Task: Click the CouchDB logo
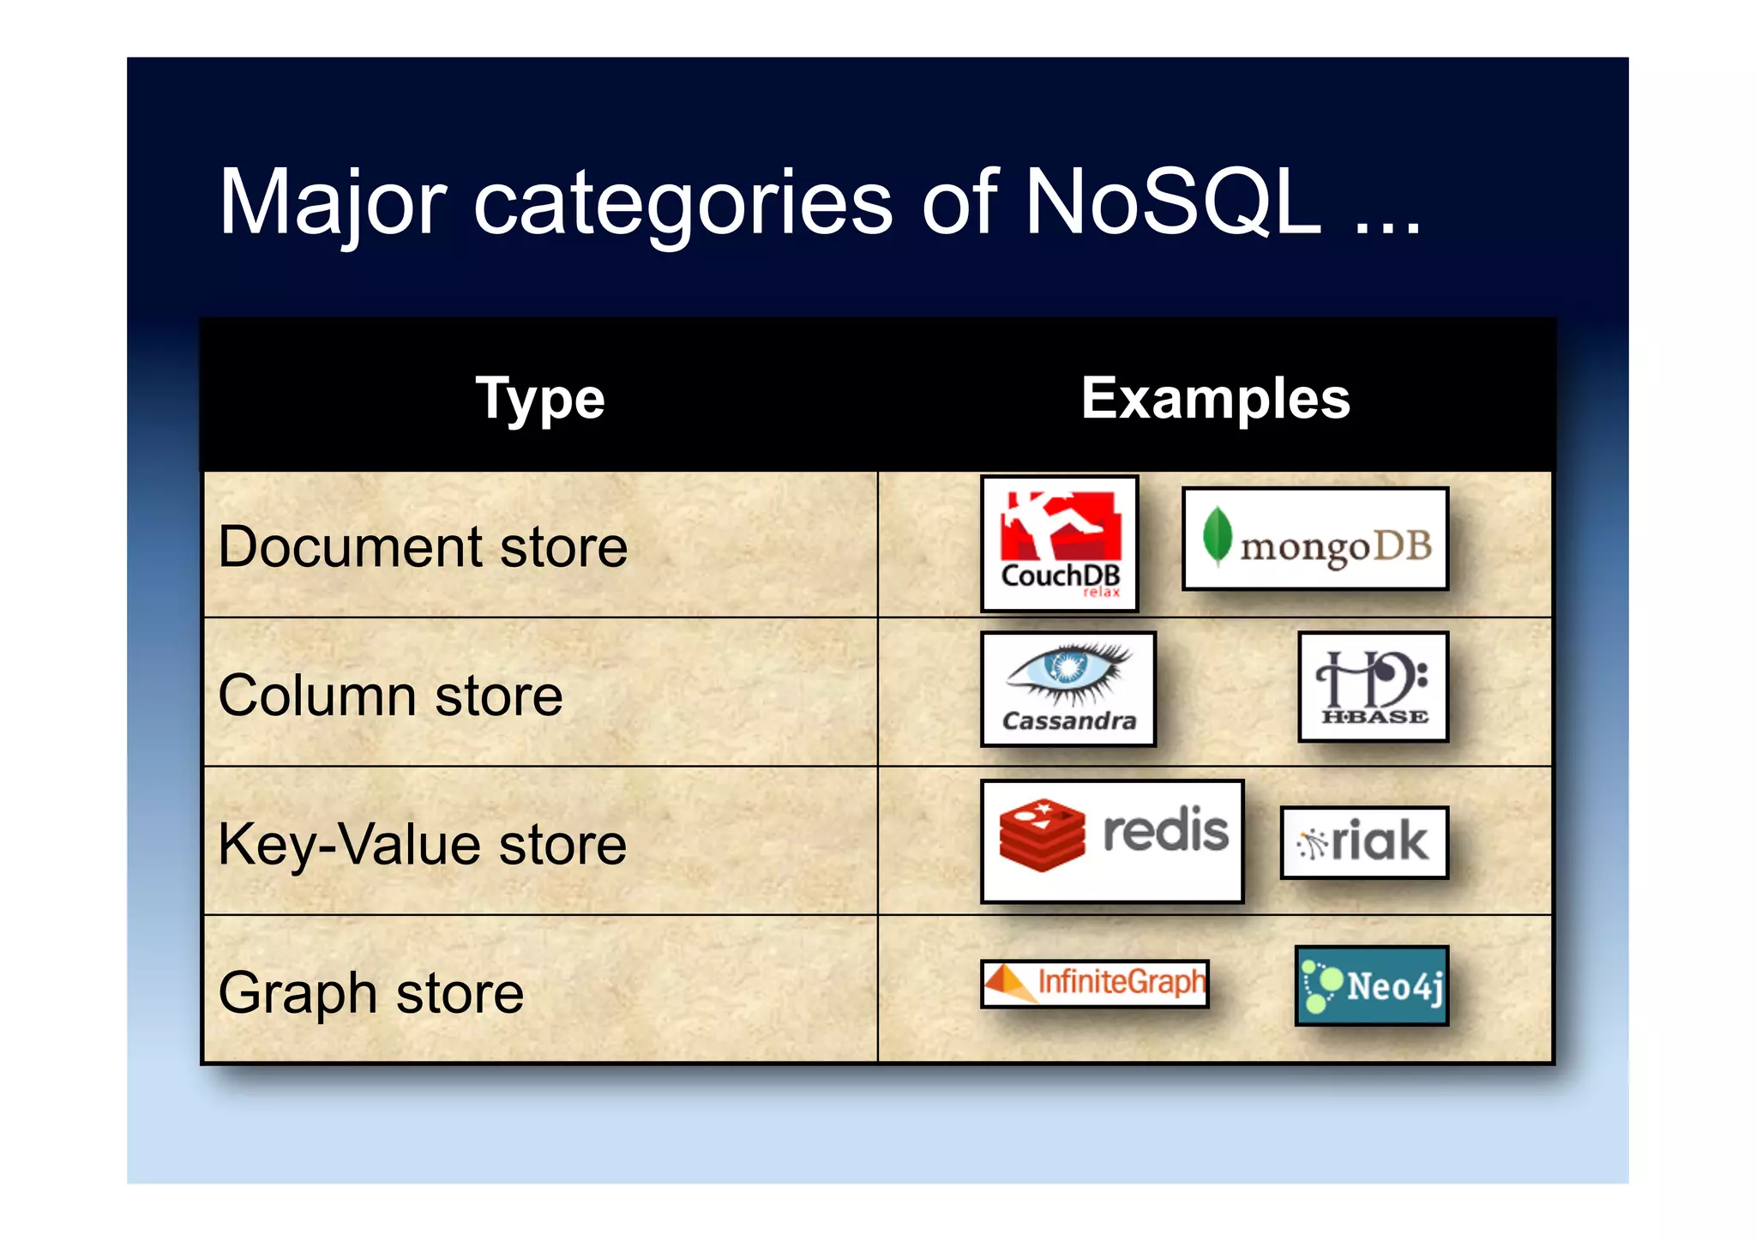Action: click(x=1060, y=543)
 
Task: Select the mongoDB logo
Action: click(x=1314, y=539)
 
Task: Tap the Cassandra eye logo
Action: click(x=1068, y=689)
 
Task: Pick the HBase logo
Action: click(x=1373, y=686)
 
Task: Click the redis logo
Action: click(x=1112, y=840)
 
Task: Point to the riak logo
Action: click(x=1363, y=841)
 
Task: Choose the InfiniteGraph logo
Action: click(x=1095, y=983)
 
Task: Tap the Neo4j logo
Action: click(x=1371, y=985)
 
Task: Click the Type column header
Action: click(x=540, y=400)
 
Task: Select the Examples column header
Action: click(x=1215, y=398)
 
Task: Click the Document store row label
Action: click(x=423, y=547)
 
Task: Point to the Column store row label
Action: click(x=390, y=696)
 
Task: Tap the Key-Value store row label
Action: click(x=422, y=845)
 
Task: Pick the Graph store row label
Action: click(x=370, y=993)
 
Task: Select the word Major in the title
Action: click(x=333, y=204)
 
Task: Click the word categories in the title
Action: click(x=683, y=204)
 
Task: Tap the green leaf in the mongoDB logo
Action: click(x=1217, y=536)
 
